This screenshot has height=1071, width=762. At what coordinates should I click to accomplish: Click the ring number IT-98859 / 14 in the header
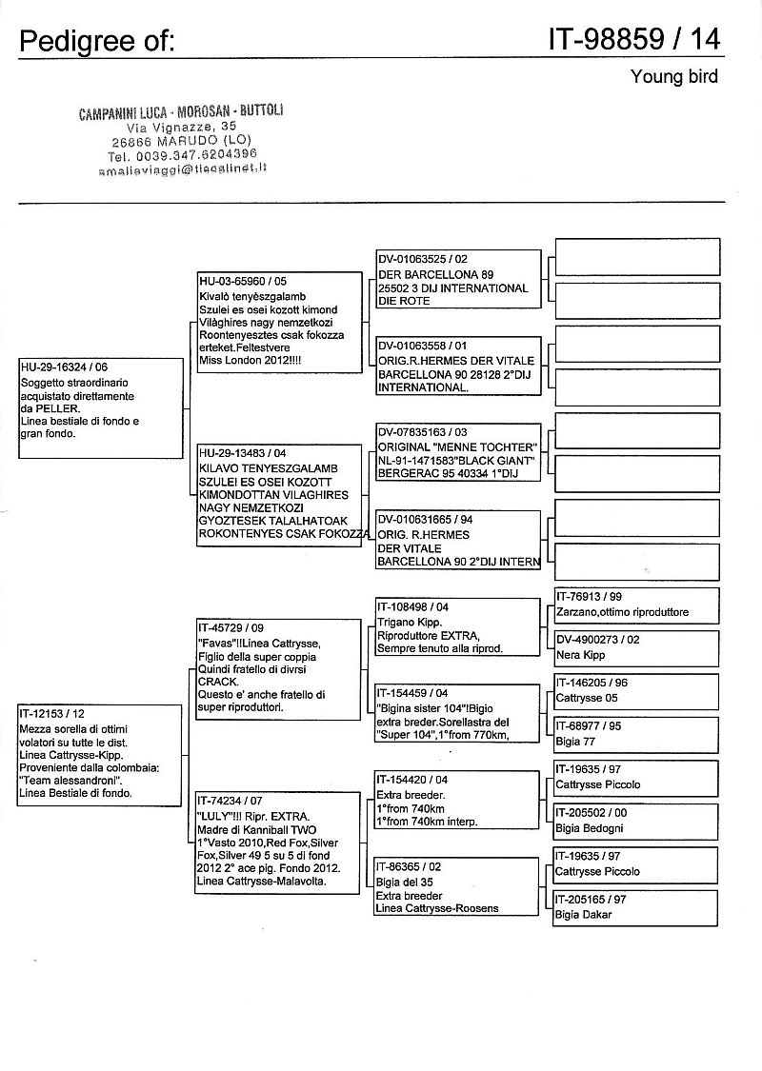633,38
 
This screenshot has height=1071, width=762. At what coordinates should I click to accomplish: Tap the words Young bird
673,76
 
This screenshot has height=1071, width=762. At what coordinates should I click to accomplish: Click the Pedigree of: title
96,41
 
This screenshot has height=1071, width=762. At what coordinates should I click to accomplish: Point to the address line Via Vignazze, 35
182,126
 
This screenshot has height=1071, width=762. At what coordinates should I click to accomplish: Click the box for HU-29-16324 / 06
99,408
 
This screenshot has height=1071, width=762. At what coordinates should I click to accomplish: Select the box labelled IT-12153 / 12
99,754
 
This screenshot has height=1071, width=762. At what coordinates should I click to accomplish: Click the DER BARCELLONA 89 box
458,279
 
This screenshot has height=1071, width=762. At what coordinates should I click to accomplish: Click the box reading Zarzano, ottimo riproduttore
635,605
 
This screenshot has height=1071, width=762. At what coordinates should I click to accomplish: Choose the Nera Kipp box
635,647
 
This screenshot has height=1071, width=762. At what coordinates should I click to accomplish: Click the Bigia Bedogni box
635,821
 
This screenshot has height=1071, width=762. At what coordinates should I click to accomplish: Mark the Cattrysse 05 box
635,690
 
